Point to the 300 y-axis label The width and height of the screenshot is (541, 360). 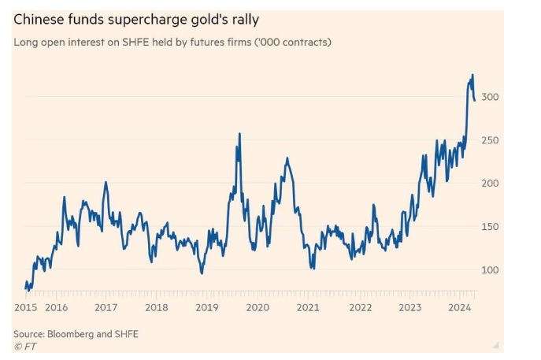click(x=490, y=96)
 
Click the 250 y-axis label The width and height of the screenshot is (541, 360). click(x=490, y=140)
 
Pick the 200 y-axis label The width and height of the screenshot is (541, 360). click(x=490, y=183)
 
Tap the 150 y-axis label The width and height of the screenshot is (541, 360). click(x=490, y=227)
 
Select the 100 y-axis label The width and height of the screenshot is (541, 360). click(x=490, y=270)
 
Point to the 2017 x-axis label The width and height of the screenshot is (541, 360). click(x=106, y=307)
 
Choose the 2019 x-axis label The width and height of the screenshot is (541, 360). click(x=207, y=307)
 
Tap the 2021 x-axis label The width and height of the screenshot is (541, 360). click(x=309, y=307)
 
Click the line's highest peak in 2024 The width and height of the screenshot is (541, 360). click(x=472, y=75)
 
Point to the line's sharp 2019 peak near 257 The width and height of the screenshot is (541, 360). click(x=239, y=134)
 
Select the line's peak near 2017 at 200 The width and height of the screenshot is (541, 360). click(x=106, y=182)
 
